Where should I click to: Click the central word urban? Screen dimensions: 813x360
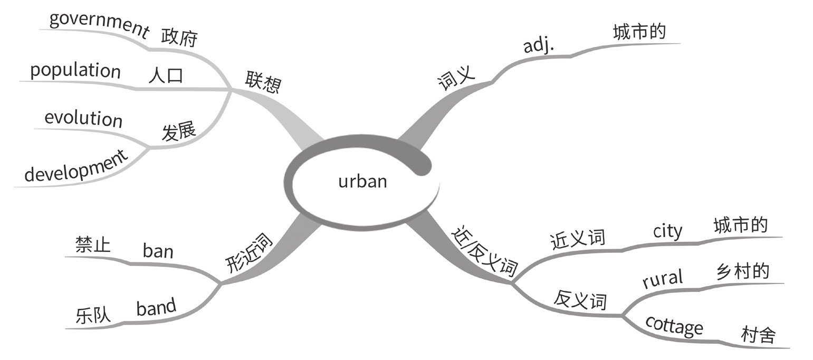click(362, 181)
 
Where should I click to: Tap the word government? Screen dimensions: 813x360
click(99, 24)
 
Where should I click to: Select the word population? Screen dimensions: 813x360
click(75, 71)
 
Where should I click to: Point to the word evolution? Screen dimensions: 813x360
click(83, 118)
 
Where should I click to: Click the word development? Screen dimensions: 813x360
click(76, 167)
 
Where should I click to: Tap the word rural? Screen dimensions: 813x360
click(663, 278)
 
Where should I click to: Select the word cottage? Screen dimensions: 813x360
click(674, 326)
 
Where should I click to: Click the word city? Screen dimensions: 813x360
click(667, 231)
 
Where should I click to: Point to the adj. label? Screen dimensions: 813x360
click(539, 46)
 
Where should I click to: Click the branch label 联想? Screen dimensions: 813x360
click(263, 82)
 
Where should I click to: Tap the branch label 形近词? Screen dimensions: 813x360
click(248, 253)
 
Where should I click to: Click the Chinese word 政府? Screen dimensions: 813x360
click(179, 38)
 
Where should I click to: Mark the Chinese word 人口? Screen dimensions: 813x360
click(166, 75)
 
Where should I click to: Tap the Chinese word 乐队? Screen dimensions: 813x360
click(93, 315)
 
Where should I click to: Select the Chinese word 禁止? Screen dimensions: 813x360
click(93, 244)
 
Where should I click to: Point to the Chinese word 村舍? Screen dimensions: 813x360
click(758, 335)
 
